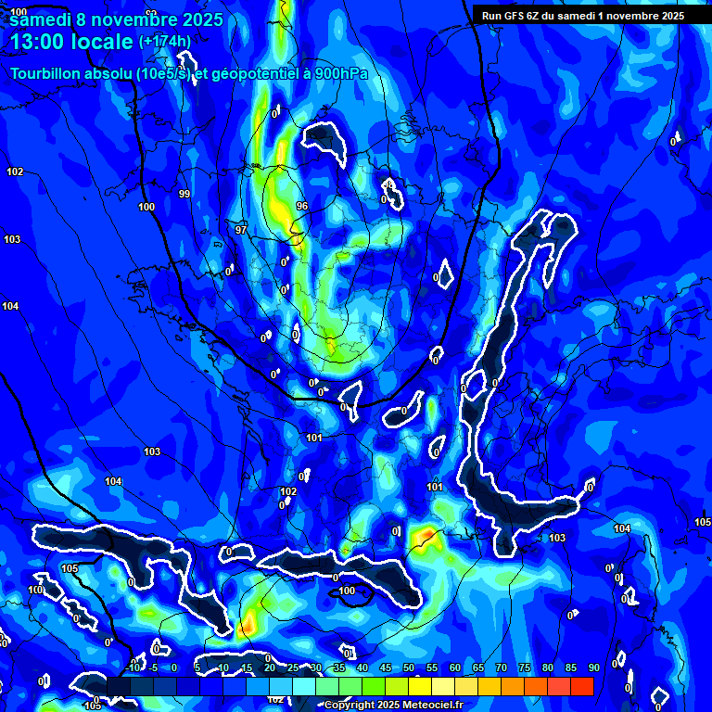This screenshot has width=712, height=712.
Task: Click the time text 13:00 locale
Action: coord(72,42)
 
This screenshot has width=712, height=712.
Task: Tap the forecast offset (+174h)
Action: coord(165,42)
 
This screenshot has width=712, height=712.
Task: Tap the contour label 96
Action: coord(301,205)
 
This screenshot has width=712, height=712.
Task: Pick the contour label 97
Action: coord(241,229)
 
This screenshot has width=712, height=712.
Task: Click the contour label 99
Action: coord(184,194)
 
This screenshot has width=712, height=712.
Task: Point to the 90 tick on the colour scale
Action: coord(593,667)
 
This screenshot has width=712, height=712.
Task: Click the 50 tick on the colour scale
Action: coord(408,667)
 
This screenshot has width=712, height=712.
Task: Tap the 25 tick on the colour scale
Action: coord(292,667)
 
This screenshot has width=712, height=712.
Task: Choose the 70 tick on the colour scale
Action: coord(501,667)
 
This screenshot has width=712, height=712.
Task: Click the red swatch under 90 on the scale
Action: coord(582,686)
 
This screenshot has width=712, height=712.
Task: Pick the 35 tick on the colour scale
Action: coord(338,667)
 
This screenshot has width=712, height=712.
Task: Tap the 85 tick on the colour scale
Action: coord(570,667)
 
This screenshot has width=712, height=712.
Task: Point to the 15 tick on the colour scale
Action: coord(246,667)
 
